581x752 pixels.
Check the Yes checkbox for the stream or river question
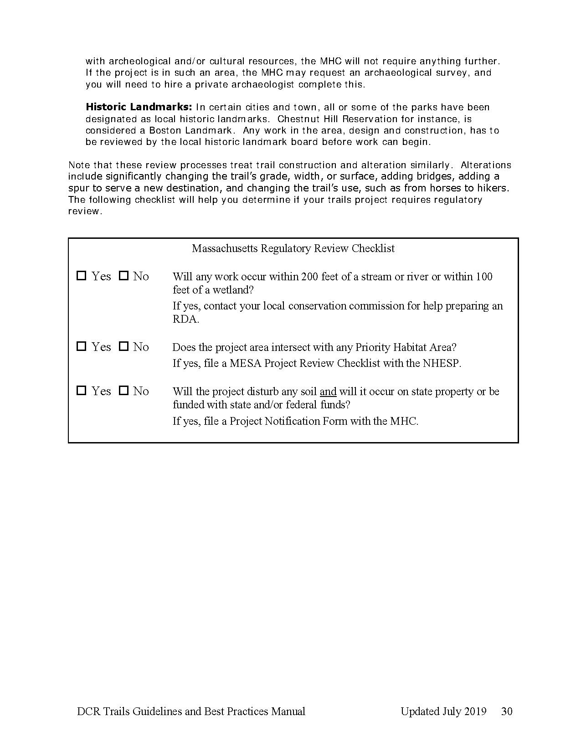click(82, 276)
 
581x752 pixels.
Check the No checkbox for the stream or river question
click(123, 276)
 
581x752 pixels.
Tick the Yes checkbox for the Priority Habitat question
click(82, 346)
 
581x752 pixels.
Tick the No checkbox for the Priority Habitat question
click(123, 346)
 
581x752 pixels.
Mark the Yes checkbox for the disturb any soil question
click(82, 391)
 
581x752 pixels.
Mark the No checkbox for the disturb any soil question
click(123, 391)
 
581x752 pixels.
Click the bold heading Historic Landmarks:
click(139, 107)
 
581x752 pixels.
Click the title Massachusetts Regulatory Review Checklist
click(293, 248)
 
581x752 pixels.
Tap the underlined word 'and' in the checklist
click(328, 391)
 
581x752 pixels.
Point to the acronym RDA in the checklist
click(185, 319)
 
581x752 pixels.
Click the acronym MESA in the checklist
click(246, 363)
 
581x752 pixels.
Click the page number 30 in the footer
click(507, 711)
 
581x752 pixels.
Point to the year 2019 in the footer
click(475, 711)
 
